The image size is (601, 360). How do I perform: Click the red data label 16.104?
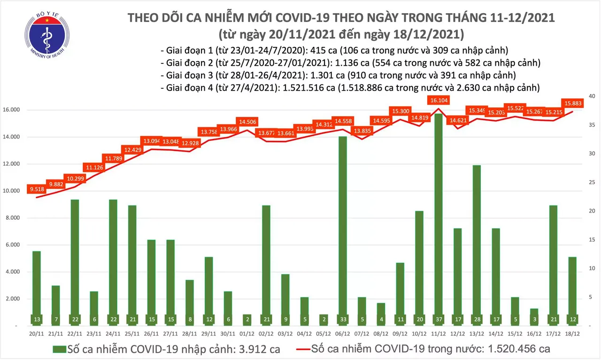(x=438, y=100)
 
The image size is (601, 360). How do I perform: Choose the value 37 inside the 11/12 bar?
(x=438, y=320)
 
